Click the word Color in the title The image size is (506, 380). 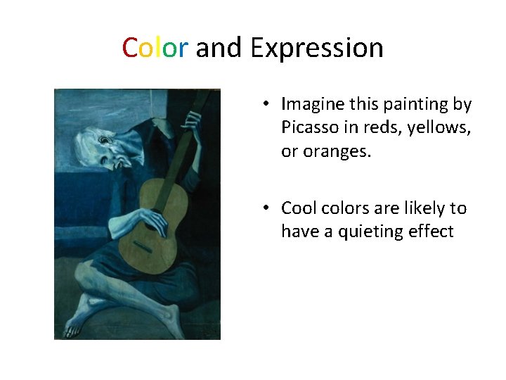[155, 48]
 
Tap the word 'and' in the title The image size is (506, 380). [219, 48]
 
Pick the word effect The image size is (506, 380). [431, 232]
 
